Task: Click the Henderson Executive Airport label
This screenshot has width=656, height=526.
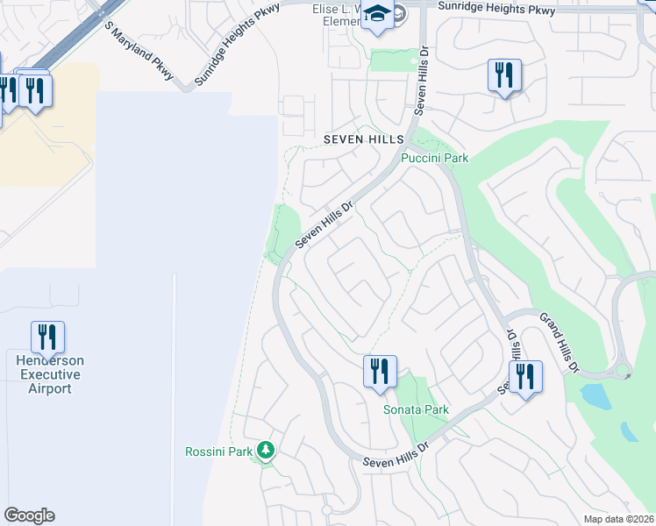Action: point(49,374)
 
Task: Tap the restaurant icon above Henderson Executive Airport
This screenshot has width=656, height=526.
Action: point(48,337)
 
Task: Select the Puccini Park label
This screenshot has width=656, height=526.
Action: point(434,158)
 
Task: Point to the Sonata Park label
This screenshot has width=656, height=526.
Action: point(416,409)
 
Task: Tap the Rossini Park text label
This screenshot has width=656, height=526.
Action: point(218,451)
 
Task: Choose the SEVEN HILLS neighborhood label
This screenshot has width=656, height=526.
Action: point(362,139)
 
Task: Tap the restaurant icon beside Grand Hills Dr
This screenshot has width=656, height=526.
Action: point(525,375)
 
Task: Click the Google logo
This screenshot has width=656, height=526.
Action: point(29,515)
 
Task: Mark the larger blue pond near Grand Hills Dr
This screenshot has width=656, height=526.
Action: point(596,396)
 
